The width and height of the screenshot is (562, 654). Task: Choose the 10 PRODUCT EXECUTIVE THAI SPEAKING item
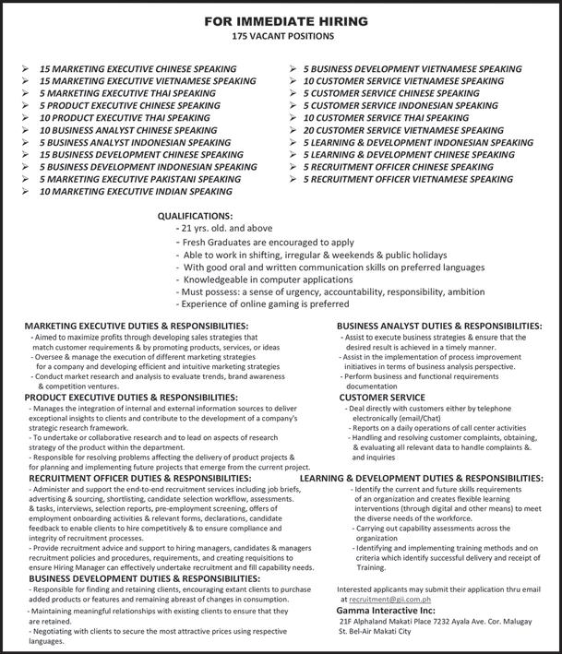pyautogui.click(x=125, y=118)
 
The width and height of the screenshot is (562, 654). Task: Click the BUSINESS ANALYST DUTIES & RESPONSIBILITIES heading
pyautogui.click(x=438, y=327)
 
